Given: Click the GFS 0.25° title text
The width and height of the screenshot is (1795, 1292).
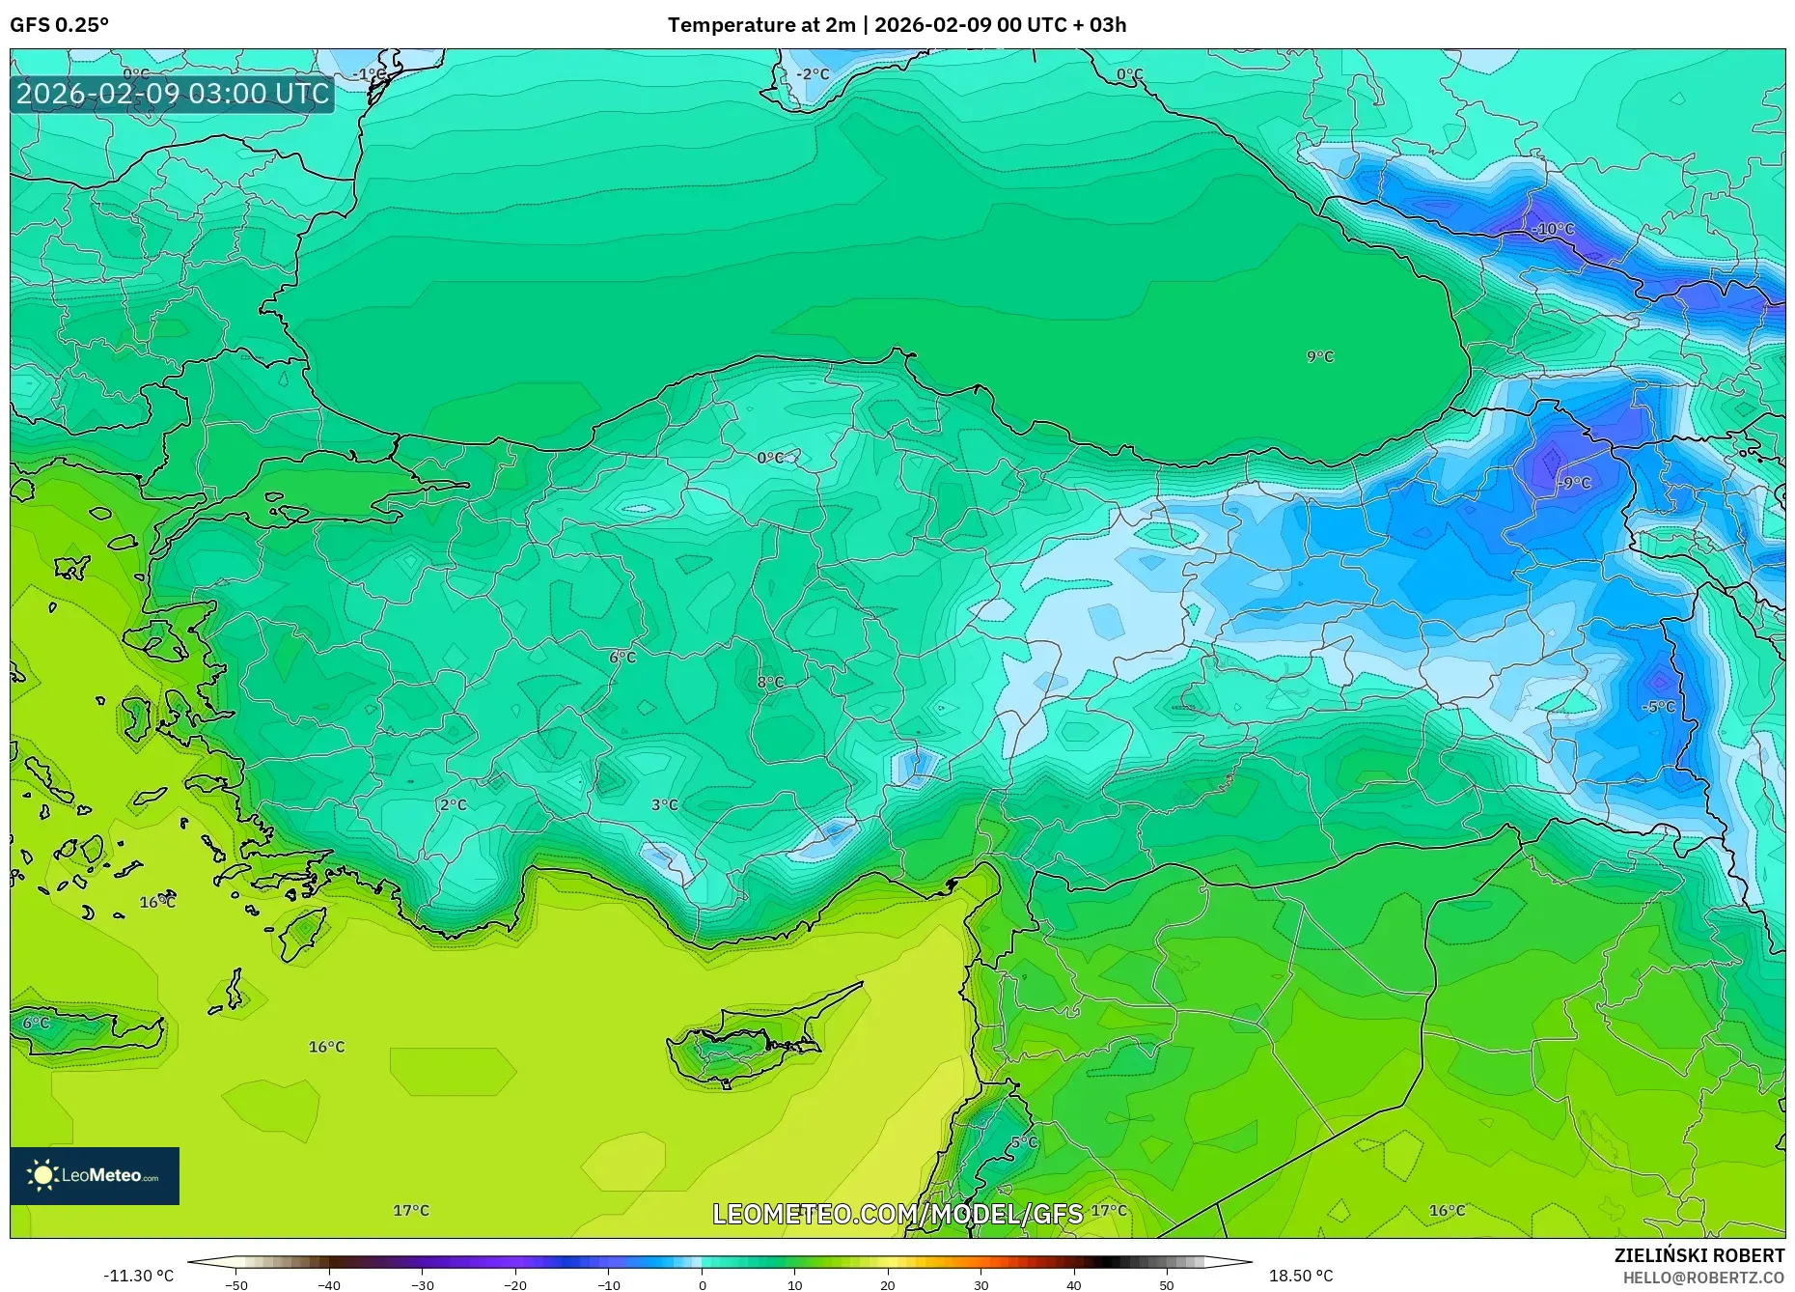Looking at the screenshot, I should (x=59, y=24).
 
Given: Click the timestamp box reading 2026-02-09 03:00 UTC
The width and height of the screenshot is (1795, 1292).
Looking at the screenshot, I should (x=173, y=94).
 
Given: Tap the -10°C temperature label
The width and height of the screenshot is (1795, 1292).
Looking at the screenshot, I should (x=1553, y=229).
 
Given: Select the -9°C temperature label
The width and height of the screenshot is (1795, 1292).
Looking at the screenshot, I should (x=1574, y=482).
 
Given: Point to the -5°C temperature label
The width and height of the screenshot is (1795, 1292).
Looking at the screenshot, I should (x=1658, y=707).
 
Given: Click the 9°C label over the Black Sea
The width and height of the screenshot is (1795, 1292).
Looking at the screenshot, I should (x=1319, y=356).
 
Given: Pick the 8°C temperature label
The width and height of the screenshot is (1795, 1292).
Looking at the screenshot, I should (x=769, y=682).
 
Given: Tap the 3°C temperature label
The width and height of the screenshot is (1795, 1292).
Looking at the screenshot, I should (x=664, y=804).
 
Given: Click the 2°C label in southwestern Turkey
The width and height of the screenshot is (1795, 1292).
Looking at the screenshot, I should (x=453, y=804).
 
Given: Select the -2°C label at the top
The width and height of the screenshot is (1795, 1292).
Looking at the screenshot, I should (x=813, y=73).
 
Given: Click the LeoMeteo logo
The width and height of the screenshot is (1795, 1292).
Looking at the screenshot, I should (x=95, y=1175).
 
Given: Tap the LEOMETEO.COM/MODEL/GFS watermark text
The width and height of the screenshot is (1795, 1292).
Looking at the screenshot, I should (x=897, y=1214).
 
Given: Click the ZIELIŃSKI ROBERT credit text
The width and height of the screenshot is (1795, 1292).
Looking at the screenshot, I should (x=1698, y=1255).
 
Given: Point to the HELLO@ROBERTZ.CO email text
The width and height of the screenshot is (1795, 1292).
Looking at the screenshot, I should (x=1703, y=1278).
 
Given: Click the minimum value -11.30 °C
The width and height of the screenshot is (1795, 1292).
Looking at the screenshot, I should (x=139, y=1276).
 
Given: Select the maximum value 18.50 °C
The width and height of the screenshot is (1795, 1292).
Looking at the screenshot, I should (x=1300, y=1276).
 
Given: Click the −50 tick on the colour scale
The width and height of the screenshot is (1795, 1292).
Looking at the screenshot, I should (x=236, y=1285).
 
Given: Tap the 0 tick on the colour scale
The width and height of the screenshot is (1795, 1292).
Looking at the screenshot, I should (x=702, y=1285).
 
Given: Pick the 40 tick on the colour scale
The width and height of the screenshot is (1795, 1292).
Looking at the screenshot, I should (x=1073, y=1285).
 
